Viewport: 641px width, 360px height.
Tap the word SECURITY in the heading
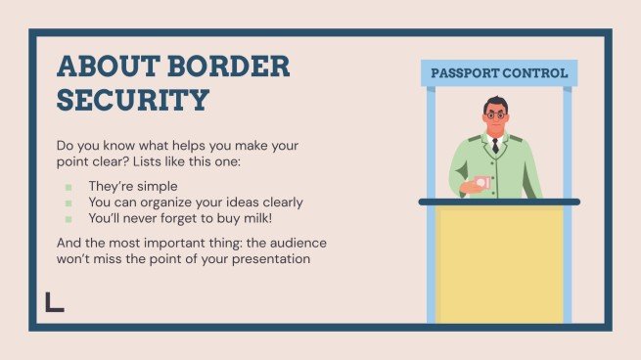click(133, 99)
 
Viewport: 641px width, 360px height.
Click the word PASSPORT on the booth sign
click(465, 73)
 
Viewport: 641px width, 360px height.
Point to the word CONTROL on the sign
click(534, 73)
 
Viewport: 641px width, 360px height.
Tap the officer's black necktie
click(496, 146)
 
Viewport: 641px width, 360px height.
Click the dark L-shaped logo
click(54, 302)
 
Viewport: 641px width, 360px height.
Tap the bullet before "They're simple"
click(69, 186)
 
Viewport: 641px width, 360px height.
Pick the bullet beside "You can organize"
click(69, 202)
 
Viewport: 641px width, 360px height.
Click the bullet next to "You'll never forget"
click(69, 218)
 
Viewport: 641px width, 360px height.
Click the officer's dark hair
click(497, 101)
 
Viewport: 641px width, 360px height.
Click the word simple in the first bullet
click(160, 186)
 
